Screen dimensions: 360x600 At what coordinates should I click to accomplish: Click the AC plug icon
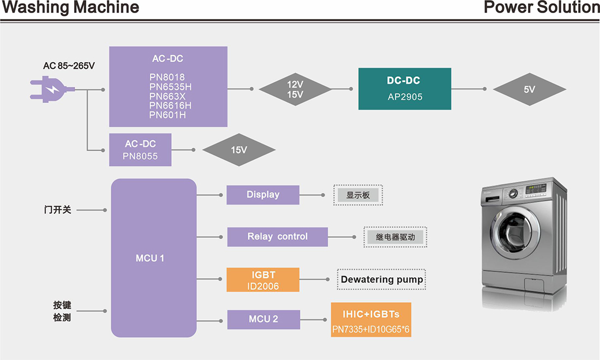click(x=47, y=89)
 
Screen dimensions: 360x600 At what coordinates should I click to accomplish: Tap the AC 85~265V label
click(x=69, y=66)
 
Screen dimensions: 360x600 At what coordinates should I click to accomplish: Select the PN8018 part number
click(x=168, y=77)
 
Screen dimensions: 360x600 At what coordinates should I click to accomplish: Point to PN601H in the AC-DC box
click(x=167, y=115)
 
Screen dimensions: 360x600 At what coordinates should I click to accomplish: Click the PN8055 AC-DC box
click(x=140, y=149)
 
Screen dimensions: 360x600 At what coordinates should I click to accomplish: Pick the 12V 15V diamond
click(x=295, y=89)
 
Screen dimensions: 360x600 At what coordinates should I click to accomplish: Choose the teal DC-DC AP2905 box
click(x=404, y=88)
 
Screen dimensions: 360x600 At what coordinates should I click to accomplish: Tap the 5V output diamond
click(x=529, y=89)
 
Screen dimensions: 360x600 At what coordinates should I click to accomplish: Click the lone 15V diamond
click(x=239, y=149)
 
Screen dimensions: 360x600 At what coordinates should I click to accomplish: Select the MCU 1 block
click(x=153, y=257)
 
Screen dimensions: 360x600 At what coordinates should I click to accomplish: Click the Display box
click(x=262, y=195)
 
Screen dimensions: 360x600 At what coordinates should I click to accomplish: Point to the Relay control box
click(x=277, y=237)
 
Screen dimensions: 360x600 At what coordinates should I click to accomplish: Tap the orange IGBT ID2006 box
click(x=263, y=279)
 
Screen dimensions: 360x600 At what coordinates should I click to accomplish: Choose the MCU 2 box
click(x=263, y=319)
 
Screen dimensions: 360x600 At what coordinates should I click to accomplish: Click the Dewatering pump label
click(x=381, y=279)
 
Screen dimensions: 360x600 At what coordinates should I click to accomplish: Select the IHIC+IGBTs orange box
click(x=371, y=320)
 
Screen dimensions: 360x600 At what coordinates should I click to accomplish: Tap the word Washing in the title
click(x=31, y=8)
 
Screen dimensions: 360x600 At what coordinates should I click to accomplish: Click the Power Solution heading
click(x=541, y=8)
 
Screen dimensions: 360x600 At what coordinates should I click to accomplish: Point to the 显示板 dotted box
click(x=358, y=195)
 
